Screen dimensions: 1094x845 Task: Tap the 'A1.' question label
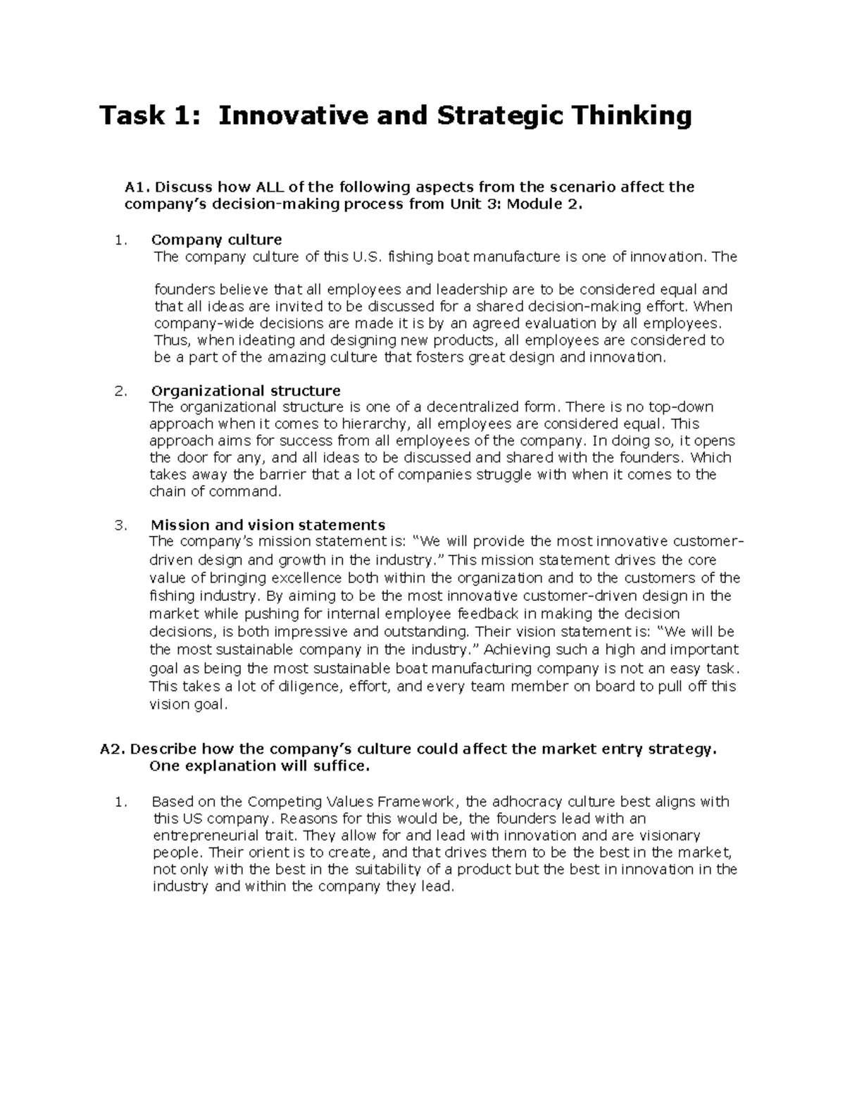137,187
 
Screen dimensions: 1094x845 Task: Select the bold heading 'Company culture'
216,240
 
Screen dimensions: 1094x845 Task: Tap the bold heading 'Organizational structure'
246,391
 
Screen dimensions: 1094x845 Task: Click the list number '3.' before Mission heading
120,526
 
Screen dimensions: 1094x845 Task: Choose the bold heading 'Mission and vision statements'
268,526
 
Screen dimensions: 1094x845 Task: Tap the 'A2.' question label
113,750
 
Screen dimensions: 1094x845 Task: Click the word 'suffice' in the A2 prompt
342,766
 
